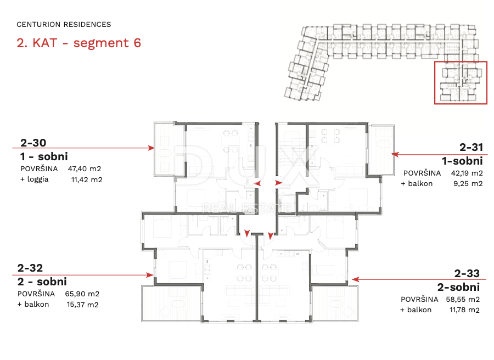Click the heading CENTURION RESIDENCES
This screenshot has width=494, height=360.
[x=64, y=25]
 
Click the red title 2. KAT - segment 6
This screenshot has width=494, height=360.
[x=78, y=43]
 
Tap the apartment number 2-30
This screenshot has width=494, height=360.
[x=33, y=143]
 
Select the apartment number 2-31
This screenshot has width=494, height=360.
[x=471, y=147]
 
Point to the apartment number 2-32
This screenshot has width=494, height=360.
[x=30, y=268]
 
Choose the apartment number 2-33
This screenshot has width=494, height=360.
[x=467, y=273]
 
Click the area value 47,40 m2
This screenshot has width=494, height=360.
[x=85, y=169]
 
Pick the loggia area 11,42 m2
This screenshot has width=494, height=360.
[x=87, y=180]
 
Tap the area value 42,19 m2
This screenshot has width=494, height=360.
[x=467, y=173]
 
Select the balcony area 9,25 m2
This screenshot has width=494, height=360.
[x=468, y=184]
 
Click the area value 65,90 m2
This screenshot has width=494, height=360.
[x=82, y=294]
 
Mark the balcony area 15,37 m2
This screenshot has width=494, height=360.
[x=82, y=305]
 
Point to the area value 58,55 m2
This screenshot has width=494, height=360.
[x=463, y=299]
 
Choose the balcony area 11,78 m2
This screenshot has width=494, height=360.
[x=464, y=310]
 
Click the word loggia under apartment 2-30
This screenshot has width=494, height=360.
[x=38, y=179]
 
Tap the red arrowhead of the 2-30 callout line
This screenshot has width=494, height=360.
[x=151, y=148]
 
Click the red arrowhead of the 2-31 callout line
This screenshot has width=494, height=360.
[x=395, y=154]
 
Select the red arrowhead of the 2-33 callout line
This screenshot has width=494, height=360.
[x=355, y=279]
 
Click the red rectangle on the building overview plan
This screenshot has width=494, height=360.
[x=435, y=82]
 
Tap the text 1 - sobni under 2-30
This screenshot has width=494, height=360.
[x=44, y=156]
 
